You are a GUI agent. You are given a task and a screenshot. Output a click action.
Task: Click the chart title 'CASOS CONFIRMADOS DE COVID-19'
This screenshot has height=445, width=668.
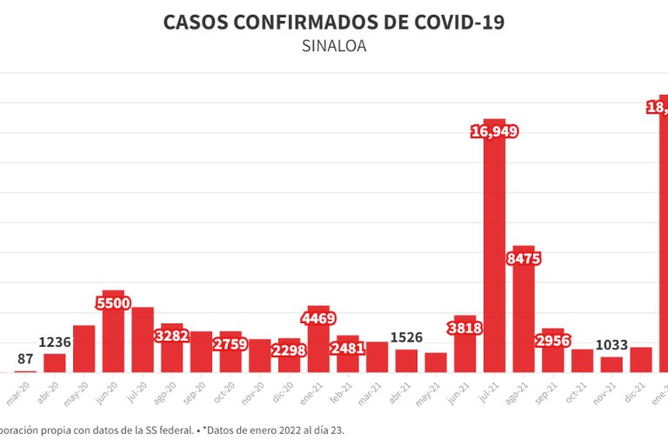(x=334, y=22)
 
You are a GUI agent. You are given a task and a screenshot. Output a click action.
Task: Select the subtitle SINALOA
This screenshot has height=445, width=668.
(x=334, y=46)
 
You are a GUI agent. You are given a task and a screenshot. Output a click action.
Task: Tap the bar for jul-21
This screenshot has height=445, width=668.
(x=494, y=252)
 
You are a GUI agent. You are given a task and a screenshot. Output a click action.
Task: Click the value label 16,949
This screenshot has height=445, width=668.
(x=494, y=132)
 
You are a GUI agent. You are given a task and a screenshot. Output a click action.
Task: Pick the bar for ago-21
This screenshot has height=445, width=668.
(x=524, y=313)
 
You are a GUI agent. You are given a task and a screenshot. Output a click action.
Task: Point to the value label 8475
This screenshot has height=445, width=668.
(x=524, y=258)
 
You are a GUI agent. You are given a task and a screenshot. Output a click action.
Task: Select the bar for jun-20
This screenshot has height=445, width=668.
(x=113, y=335)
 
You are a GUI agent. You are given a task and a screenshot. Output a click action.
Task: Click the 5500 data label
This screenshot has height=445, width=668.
(x=113, y=302)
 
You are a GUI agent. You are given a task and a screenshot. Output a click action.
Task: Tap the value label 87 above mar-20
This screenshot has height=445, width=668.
(x=25, y=359)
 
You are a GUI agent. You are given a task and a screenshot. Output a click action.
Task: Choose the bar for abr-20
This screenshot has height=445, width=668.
(x=55, y=363)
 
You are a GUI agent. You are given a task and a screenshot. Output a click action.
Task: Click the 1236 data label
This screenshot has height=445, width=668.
(x=55, y=342)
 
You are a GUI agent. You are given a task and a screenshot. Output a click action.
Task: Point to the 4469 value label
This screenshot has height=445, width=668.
(x=318, y=318)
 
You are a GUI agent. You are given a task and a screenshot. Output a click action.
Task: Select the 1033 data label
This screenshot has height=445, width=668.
(x=611, y=345)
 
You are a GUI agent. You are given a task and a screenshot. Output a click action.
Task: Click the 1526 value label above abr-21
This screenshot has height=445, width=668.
(x=406, y=337)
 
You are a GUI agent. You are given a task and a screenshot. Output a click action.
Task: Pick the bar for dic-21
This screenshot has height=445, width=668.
(x=641, y=360)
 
